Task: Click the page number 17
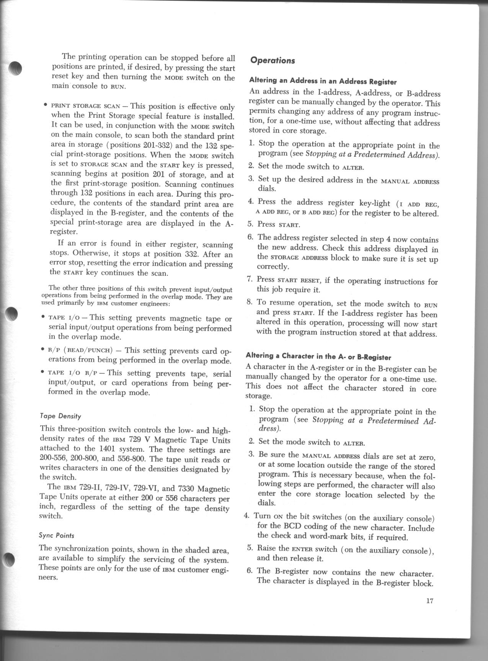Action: [x=429, y=601]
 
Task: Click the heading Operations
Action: [x=272, y=61]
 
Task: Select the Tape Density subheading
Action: [x=60, y=416]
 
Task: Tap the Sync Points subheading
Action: [x=57, y=535]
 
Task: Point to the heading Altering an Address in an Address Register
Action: [x=323, y=81]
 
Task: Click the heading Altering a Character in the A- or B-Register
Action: [x=318, y=357]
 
